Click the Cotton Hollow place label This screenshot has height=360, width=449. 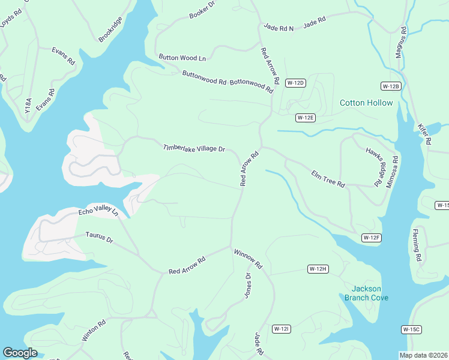366,103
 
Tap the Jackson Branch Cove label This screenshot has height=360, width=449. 366,293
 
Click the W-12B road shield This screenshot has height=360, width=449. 390,86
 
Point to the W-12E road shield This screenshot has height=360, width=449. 306,118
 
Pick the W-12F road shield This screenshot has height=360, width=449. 372,238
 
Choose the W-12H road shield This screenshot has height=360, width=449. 318,268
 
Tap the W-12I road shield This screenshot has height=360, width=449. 282,329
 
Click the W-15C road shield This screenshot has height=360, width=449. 412,329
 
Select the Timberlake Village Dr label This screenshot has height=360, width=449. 194,148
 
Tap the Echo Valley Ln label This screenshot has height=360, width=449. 99,212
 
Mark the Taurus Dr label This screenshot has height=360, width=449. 99,238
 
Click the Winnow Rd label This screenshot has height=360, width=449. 249,259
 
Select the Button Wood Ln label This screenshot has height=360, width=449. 182,58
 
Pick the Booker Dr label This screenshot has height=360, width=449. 202,10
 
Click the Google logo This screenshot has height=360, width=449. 20,353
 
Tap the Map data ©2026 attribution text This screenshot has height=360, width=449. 424,355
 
